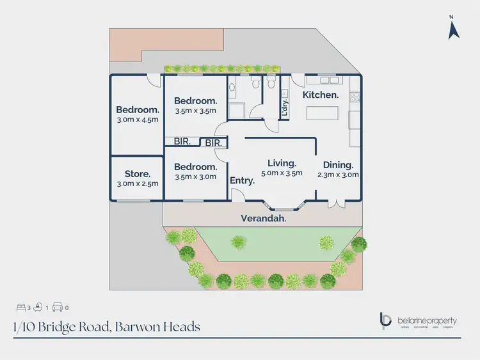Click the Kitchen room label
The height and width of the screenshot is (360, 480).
tap(321, 95)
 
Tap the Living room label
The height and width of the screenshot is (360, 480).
tap(282, 162)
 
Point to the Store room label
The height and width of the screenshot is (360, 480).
tap(137, 173)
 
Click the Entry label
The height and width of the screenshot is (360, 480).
tap(243, 180)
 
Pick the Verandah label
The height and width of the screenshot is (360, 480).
tap(263, 218)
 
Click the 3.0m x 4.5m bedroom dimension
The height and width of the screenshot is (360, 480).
tap(137, 119)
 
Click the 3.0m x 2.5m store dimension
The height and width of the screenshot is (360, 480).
tap(137, 184)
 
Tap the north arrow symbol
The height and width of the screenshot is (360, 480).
tap(453, 29)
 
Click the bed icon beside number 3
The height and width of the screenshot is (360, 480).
tap(22, 306)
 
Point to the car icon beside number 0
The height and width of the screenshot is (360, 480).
tap(57, 306)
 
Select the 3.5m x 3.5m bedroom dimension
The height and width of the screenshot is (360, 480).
tap(196, 111)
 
